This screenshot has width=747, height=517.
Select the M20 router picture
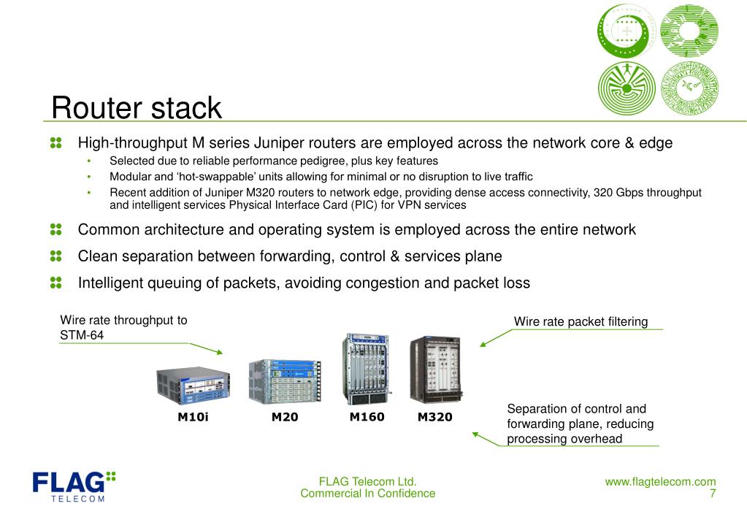pyautogui.click(x=286, y=380)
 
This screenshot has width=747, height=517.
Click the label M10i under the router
pyautogui.click(x=193, y=418)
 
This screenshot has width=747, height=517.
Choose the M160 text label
pyautogui.click(x=367, y=417)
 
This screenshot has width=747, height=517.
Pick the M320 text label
pyautogui.click(x=434, y=418)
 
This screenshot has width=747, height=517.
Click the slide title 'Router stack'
pyautogui.click(x=137, y=108)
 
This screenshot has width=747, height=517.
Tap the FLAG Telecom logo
pyautogui.click(x=73, y=486)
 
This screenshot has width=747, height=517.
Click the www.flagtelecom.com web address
pyautogui.click(x=660, y=481)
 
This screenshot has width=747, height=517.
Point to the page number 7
pyautogui.click(x=712, y=494)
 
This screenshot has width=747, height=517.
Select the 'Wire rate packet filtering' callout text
pyautogui.click(x=581, y=321)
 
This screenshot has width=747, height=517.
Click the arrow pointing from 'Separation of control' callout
pyautogui.click(x=486, y=439)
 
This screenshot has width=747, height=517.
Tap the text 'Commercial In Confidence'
pyautogui.click(x=367, y=494)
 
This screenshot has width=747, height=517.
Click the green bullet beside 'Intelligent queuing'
pyautogui.click(x=56, y=282)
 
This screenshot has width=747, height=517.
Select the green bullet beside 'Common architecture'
pyautogui.click(x=56, y=230)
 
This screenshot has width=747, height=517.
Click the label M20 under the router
pyautogui.click(x=285, y=418)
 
